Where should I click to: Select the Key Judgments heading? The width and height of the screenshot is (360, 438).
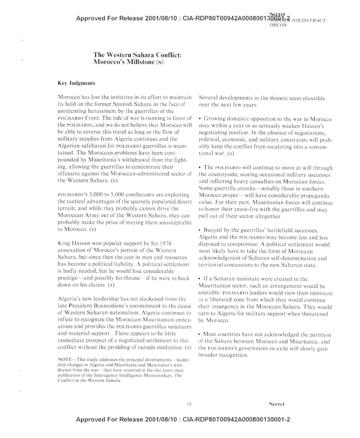coord(76,83)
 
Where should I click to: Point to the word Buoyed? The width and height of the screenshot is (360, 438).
coord(216,231)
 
